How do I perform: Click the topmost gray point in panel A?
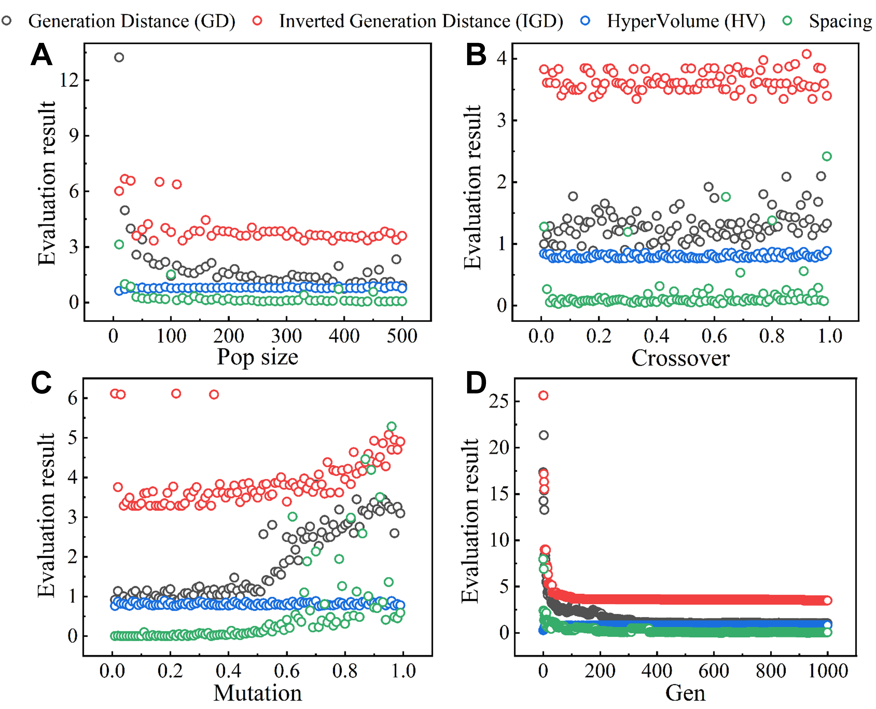[x=119, y=57]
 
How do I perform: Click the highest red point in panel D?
[x=543, y=395]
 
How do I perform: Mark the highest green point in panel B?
[x=827, y=156]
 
